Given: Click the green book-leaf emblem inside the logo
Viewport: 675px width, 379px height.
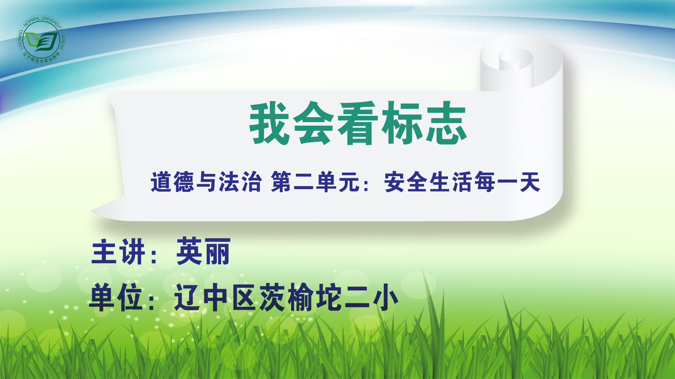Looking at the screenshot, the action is [42, 41].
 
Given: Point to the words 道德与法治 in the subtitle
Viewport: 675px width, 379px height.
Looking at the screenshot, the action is [206, 182].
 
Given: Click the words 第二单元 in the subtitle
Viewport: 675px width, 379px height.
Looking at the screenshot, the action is [315, 182].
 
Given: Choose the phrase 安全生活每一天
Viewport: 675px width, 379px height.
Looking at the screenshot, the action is [462, 182].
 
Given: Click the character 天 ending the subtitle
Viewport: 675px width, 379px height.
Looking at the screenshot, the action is [530, 182].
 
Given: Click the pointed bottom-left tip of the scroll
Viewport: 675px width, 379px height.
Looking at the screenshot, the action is [91, 211].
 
